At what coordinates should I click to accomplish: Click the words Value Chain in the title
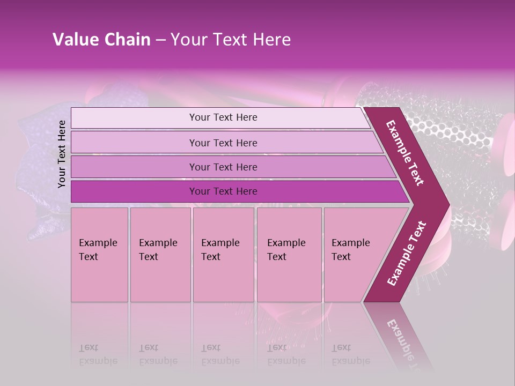(x=101, y=40)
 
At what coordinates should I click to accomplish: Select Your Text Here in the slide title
(x=231, y=40)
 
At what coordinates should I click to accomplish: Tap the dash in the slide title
(x=160, y=40)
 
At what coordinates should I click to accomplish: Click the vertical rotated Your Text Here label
(x=62, y=154)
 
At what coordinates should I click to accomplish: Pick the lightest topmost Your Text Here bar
(x=223, y=117)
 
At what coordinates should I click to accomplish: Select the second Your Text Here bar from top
(x=223, y=143)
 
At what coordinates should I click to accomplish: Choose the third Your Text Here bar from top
(x=223, y=167)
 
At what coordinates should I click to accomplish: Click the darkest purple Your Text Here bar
(x=223, y=191)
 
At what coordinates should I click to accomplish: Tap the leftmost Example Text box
(x=99, y=254)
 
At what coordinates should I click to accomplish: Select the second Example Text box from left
(x=160, y=254)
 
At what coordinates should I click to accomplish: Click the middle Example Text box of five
(x=223, y=254)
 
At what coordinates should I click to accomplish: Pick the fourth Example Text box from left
(x=289, y=254)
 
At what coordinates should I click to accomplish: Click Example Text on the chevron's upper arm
(x=405, y=153)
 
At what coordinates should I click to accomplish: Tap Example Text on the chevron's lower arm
(x=406, y=254)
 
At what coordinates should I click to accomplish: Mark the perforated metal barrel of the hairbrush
(x=456, y=134)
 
